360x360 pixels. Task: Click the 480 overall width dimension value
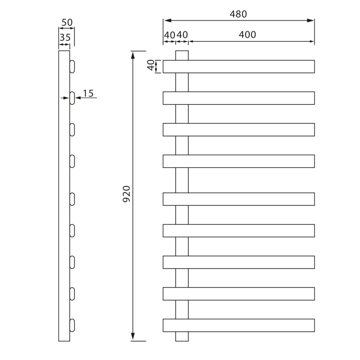tap(238, 14)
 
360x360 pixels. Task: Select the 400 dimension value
tap(247, 35)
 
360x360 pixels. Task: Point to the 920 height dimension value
tap(127, 194)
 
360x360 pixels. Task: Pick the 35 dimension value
tap(65, 38)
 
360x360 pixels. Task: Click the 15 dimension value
tap(88, 93)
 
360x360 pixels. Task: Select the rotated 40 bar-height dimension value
tap(151, 66)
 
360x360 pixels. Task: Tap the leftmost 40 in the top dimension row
tap(169, 35)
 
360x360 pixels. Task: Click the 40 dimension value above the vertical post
tap(182, 35)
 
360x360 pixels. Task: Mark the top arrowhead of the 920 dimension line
tap(133, 54)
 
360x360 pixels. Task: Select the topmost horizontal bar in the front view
tap(238, 66)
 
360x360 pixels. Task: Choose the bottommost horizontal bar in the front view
tap(238, 325)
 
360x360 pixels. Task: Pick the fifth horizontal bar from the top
tap(238, 199)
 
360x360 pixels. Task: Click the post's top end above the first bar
tap(182, 55)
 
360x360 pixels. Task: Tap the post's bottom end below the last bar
tap(182, 336)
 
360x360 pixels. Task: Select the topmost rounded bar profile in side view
tap(72, 67)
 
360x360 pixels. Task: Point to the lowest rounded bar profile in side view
tap(72, 325)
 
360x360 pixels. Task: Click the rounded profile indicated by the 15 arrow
tap(72, 98)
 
